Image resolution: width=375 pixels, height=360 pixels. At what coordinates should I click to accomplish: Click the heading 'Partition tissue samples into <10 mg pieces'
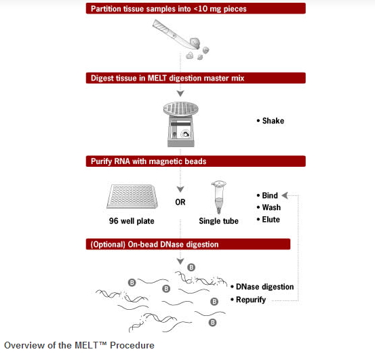tap(169, 9)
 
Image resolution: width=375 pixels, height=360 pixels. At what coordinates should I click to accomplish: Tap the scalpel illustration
tap(176, 34)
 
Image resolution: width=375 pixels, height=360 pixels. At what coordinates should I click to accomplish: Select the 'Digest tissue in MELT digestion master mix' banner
tap(195, 78)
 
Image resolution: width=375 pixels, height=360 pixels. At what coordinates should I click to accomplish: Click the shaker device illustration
tap(181, 124)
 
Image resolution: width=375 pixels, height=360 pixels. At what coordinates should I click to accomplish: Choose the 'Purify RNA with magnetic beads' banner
tap(195, 161)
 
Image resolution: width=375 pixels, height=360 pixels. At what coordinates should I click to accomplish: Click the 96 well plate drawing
tap(132, 197)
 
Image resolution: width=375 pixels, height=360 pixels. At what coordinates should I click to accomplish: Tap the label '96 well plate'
tap(132, 221)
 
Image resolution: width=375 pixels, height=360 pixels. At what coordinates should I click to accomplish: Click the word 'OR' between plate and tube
tap(180, 202)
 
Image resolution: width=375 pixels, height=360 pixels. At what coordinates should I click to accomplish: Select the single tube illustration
tap(218, 197)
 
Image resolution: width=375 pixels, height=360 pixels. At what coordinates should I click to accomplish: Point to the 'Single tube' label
tap(218, 221)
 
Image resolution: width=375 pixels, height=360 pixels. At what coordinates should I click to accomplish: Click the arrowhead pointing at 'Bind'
tap(285, 195)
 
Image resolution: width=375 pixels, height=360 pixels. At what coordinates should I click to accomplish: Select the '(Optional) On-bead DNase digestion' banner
tap(188, 244)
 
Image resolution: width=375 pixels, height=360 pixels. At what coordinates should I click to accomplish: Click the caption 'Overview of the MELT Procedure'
tap(79, 345)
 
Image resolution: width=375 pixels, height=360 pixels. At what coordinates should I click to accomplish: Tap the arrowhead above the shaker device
tap(180, 94)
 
